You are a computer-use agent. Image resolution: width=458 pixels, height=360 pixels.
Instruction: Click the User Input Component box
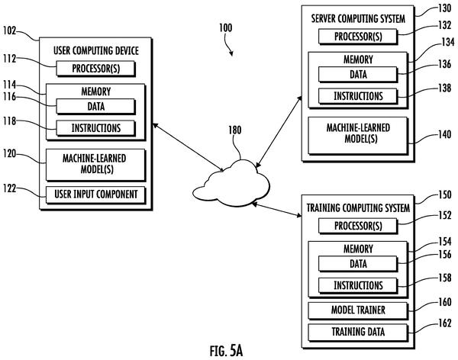point(96,194)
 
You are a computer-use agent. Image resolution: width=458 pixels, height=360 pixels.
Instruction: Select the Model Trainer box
point(358,310)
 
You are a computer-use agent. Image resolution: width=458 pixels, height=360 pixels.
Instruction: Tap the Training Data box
point(358,333)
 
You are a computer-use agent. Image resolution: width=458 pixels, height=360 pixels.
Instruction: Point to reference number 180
point(234,130)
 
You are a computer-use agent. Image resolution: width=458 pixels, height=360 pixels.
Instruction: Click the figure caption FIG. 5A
point(227,351)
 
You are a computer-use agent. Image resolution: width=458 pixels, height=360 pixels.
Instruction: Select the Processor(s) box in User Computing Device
point(96,69)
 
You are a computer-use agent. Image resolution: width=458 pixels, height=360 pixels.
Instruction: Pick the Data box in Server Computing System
point(358,75)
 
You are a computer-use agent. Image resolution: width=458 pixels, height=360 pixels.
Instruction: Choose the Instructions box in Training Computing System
point(358,285)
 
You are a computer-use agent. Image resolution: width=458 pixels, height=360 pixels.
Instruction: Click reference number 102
point(9,31)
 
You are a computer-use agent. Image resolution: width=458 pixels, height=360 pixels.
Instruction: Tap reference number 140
point(444,134)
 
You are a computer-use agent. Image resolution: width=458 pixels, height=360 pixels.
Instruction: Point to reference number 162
point(444,323)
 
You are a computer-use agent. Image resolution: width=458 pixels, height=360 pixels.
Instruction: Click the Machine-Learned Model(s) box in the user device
point(96,165)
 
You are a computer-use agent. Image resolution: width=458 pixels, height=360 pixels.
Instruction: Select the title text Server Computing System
point(358,19)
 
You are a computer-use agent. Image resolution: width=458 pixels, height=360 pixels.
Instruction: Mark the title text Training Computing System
point(358,208)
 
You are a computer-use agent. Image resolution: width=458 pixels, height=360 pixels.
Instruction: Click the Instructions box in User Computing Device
point(96,128)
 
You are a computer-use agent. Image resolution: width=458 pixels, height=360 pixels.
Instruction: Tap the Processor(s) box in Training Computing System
point(358,226)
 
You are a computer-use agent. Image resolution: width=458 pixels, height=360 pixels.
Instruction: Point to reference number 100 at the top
point(226,28)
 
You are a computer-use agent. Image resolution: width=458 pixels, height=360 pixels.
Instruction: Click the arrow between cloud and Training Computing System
point(276,210)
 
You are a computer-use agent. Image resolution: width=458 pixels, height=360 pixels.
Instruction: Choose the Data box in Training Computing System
point(358,264)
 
